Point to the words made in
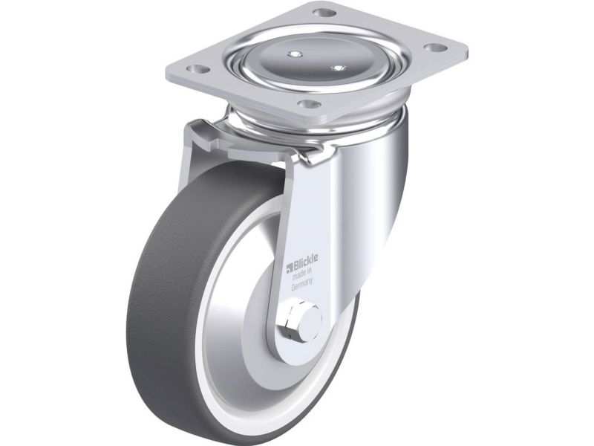pyautogui.click(x=302, y=274)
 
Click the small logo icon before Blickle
pyautogui.click(x=290, y=267)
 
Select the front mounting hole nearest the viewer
pyautogui.click(x=308, y=103)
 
